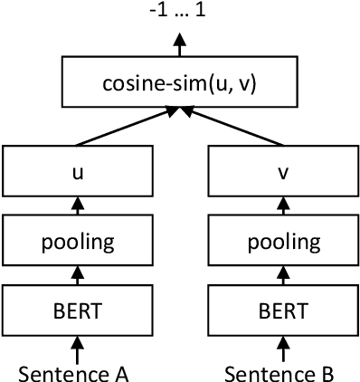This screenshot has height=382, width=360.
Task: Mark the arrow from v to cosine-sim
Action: [x=233, y=128]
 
